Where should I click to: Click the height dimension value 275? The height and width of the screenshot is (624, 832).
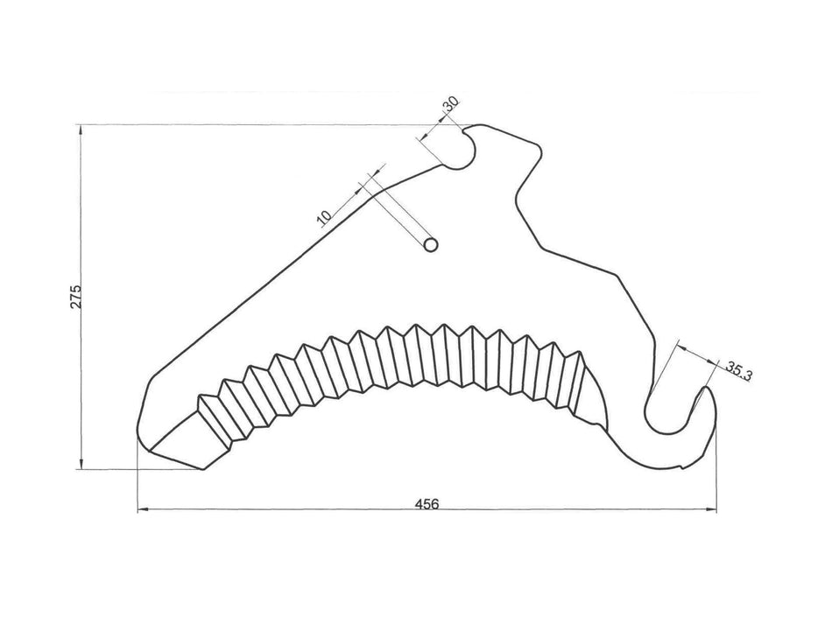tap(76, 297)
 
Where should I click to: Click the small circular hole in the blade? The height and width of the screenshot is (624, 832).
tap(430, 245)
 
